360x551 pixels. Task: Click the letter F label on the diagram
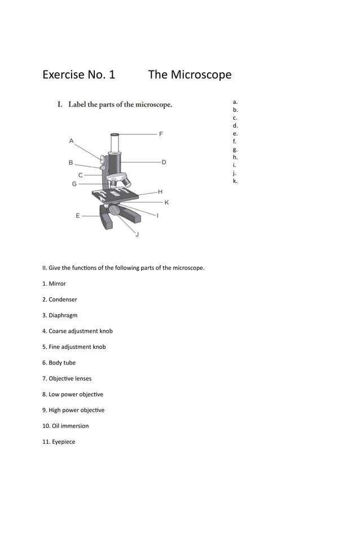[x=161, y=134]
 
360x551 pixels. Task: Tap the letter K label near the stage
[x=166, y=202]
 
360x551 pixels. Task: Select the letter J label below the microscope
[x=137, y=234]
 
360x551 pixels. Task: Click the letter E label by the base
[x=78, y=215]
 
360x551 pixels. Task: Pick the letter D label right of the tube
[x=164, y=162]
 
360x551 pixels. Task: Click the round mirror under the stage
[x=115, y=210]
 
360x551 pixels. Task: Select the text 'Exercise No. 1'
[x=78, y=75]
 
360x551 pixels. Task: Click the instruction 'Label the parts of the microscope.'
[x=120, y=104]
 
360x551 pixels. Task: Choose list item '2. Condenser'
[x=63, y=299]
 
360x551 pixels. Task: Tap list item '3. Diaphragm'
[x=63, y=315]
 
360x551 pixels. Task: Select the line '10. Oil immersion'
[x=68, y=426]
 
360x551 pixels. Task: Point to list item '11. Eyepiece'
[x=62, y=441]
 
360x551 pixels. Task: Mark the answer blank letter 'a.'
[x=235, y=102]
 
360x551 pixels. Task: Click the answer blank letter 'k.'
[x=235, y=181]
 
